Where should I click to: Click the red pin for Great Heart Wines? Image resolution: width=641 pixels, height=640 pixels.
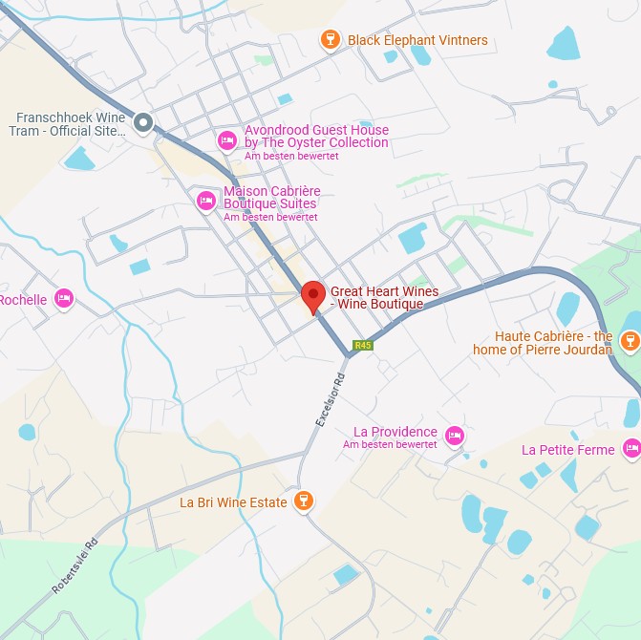[312, 295]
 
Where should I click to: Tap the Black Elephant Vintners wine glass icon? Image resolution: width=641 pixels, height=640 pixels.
[330, 40]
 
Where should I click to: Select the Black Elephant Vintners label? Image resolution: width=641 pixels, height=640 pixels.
[417, 40]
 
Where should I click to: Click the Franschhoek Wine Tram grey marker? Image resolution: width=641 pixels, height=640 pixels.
[143, 122]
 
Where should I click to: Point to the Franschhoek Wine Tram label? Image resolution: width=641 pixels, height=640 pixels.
[71, 124]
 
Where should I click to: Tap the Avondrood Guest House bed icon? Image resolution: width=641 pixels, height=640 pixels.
[227, 141]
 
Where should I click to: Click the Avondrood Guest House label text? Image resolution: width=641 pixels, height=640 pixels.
[316, 137]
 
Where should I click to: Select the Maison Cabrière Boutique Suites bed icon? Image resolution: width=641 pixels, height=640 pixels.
[205, 201]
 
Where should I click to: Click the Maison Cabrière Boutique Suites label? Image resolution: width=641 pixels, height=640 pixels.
[270, 197]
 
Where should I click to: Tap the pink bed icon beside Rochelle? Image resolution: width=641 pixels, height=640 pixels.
[64, 299]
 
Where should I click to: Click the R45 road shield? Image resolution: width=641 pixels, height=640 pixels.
[362, 345]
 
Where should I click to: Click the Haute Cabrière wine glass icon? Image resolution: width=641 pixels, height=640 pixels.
[630, 341]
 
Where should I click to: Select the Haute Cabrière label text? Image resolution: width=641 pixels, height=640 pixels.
[543, 343]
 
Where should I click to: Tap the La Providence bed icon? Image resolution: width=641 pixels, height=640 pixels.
[455, 436]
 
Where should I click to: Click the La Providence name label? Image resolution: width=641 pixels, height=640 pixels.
[395, 432]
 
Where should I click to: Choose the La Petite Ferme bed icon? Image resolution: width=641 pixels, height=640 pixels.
[631, 447]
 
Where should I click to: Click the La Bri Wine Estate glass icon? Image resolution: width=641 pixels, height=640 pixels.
[303, 501]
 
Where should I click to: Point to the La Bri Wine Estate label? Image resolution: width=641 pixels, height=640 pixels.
[233, 502]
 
